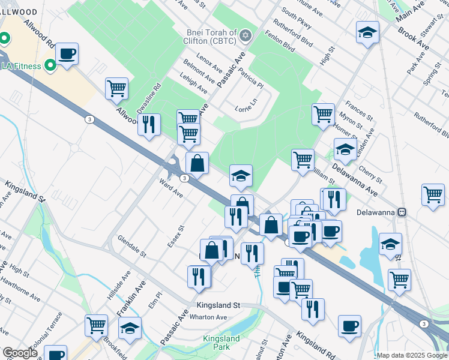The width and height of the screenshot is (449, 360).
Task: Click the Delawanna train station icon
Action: [x=403, y=212]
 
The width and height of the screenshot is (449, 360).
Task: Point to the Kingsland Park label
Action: [x=221, y=343]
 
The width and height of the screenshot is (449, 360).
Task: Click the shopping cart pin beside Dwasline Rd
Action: [x=116, y=89]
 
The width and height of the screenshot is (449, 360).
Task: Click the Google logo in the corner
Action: [x=20, y=353]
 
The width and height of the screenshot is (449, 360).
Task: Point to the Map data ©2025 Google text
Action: [x=412, y=355]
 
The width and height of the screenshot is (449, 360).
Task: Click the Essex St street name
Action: [x=175, y=236]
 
